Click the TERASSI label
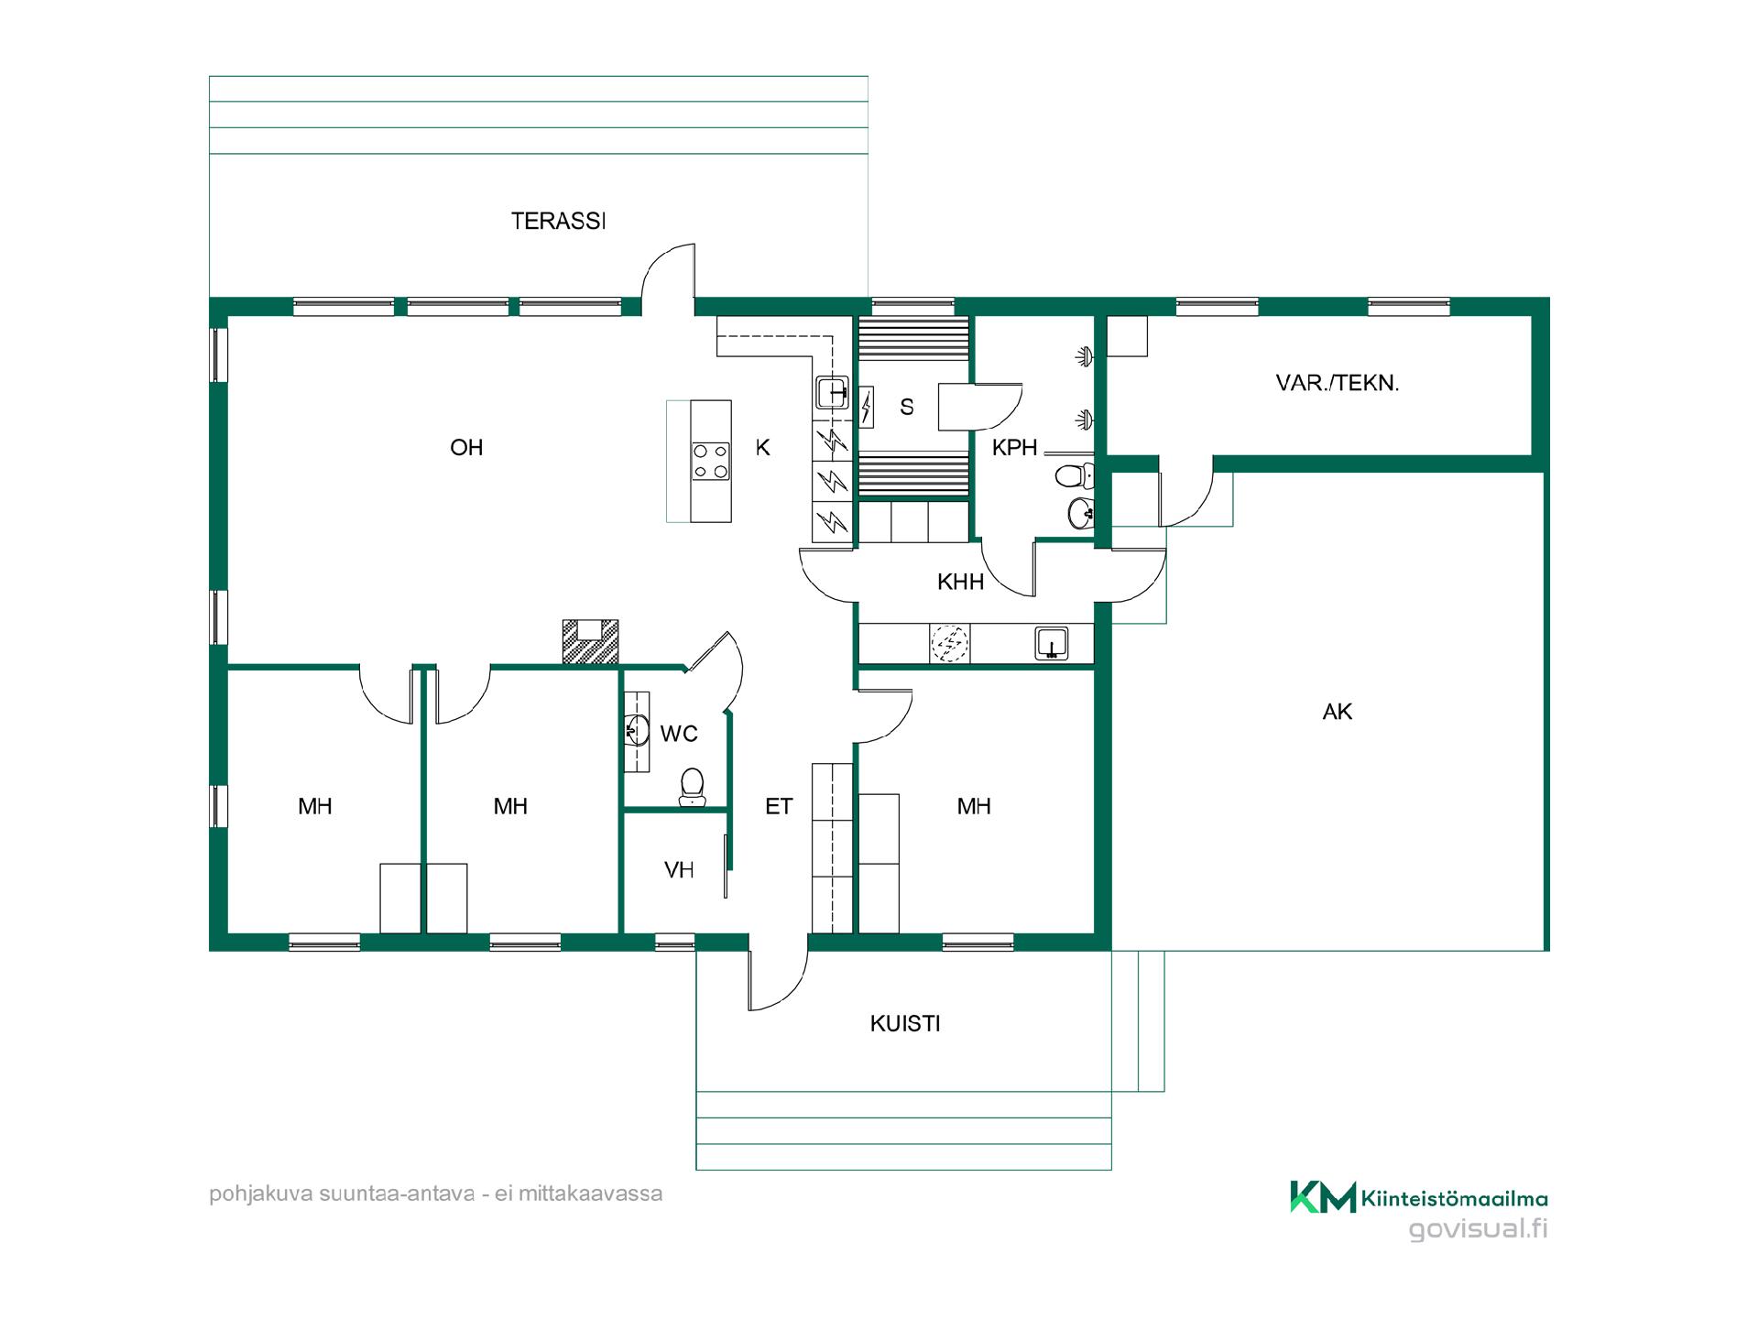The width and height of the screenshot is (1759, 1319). click(558, 221)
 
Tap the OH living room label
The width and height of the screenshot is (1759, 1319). click(466, 447)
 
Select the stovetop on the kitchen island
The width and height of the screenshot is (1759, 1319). click(711, 462)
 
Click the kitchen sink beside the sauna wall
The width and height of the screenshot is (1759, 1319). click(833, 393)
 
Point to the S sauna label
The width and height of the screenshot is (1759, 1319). click(907, 407)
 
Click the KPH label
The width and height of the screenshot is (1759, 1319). click(1014, 447)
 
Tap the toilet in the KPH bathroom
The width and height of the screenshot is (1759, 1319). click(1075, 475)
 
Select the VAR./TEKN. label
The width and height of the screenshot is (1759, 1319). click(1338, 383)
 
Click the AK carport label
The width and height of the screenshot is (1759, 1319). click(1338, 712)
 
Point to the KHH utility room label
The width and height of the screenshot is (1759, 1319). click(960, 582)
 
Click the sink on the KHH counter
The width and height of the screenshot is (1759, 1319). click(1052, 643)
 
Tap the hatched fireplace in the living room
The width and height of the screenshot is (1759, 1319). click(590, 641)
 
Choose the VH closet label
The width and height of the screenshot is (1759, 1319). click(679, 870)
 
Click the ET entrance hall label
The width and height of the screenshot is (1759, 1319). click(779, 806)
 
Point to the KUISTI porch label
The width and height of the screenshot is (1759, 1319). click(905, 1024)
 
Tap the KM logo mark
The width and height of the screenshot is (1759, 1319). click(1323, 1197)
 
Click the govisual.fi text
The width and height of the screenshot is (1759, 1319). click(1478, 1228)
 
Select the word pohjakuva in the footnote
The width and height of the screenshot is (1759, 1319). click(260, 1194)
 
